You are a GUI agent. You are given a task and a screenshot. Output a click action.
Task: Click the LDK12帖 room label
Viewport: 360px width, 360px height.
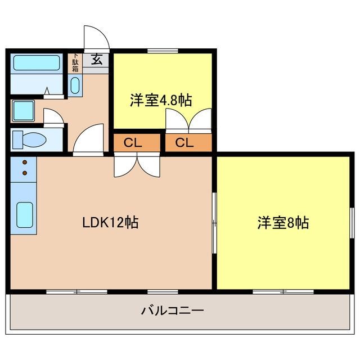(110, 222)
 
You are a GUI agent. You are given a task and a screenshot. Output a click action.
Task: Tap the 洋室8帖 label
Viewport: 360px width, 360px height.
(283, 223)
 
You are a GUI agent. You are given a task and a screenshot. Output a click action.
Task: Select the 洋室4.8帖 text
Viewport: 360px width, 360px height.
(161, 101)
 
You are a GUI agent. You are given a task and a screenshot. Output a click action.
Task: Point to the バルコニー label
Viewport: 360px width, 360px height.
(172, 310)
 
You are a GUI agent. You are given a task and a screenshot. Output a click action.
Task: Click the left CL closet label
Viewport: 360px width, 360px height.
(133, 142)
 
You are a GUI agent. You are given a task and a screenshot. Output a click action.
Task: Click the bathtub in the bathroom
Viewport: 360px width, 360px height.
(37, 63)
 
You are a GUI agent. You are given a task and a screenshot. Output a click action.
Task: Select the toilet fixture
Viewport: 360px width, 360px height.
(26, 139)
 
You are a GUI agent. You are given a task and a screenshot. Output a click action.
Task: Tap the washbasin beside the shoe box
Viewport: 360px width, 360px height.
(75, 85)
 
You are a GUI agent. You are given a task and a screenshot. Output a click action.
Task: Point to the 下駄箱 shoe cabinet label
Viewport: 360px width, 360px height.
(75, 62)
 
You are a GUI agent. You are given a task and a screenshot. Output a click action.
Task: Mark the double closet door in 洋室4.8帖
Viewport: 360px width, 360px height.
(188, 120)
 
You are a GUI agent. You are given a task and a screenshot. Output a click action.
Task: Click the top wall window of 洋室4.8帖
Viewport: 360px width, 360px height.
(163, 52)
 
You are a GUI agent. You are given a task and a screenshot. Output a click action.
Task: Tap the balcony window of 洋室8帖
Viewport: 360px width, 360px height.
(283, 291)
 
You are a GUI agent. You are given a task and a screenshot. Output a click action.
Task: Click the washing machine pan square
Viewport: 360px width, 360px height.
(24, 111)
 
